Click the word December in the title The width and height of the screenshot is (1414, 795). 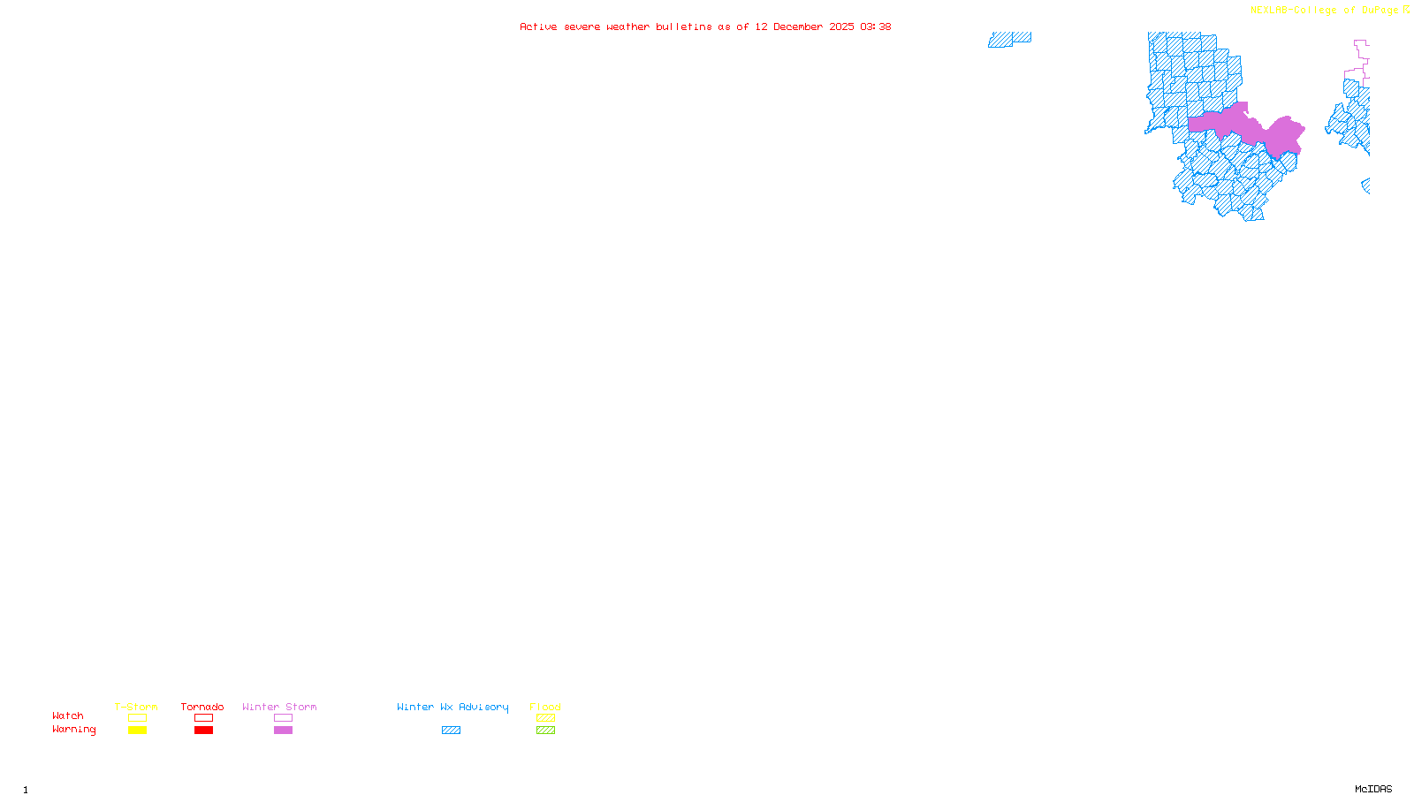[798, 26]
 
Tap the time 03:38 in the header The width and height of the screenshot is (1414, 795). [875, 26]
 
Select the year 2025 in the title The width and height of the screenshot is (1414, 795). [841, 26]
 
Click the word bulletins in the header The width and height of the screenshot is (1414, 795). [683, 26]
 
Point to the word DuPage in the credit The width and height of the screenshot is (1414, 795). [1380, 10]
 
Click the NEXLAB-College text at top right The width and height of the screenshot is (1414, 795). [1293, 10]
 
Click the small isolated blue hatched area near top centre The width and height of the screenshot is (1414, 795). [1008, 39]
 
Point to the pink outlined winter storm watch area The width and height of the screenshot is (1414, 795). [1359, 62]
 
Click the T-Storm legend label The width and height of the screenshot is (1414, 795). [136, 707]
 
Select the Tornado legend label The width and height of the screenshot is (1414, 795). [202, 707]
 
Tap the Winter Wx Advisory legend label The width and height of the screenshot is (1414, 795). [452, 707]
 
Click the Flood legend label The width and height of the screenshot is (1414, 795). [545, 707]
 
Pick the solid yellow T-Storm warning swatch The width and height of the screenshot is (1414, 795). [137, 731]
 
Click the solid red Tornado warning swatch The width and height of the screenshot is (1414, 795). [203, 731]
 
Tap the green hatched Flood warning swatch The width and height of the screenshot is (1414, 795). [545, 731]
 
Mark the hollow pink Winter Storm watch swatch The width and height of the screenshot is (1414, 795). [283, 718]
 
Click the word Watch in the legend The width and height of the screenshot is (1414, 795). [68, 715]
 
